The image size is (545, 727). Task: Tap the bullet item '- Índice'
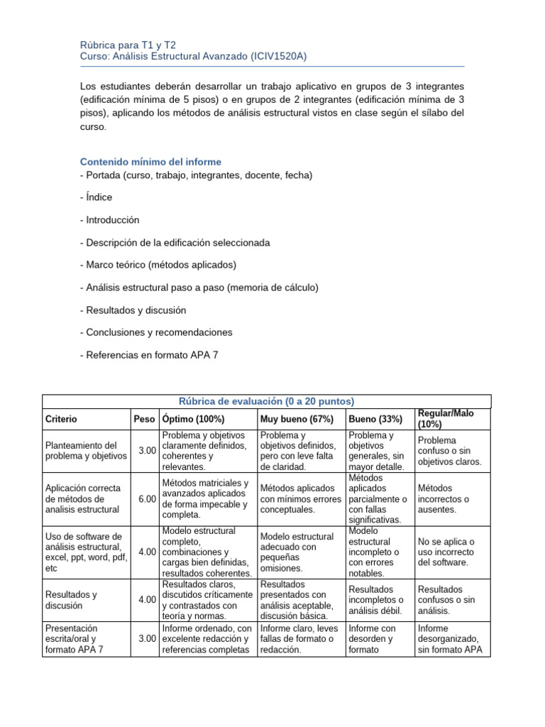[97, 197]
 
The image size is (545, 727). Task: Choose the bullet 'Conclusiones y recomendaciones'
[157, 332]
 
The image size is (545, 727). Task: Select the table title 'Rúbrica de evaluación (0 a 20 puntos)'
[266, 401]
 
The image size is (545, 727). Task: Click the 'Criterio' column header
[61, 420]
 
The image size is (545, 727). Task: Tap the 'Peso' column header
[144, 420]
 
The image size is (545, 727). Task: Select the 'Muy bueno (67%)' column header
[297, 420]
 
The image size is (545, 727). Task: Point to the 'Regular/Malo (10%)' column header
[446, 418]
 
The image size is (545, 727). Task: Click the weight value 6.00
[147, 499]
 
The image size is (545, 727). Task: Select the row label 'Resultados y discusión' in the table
[71, 600]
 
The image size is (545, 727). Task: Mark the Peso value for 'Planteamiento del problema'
[147, 451]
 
